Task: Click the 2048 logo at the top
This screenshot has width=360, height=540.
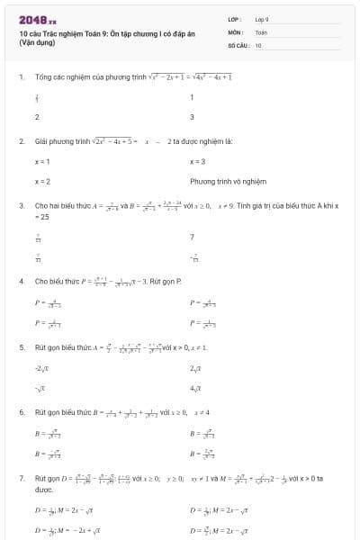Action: (x=37, y=19)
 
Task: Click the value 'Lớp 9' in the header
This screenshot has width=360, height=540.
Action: (x=262, y=19)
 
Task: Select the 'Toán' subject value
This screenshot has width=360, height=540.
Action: (x=261, y=31)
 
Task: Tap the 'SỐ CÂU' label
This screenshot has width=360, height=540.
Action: (x=238, y=44)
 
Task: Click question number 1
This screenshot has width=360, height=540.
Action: (x=22, y=77)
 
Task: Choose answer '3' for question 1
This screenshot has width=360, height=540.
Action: (x=192, y=117)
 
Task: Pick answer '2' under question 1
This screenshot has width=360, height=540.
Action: (x=37, y=117)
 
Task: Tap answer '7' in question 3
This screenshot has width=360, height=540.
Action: (x=192, y=238)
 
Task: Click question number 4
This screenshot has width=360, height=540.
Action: (x=22, y=281)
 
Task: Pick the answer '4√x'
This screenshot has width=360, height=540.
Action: (x=197, y=388)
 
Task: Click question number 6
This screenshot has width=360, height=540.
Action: (x=22, y=411)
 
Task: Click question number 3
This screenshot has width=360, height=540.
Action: (x=22, y=206)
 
